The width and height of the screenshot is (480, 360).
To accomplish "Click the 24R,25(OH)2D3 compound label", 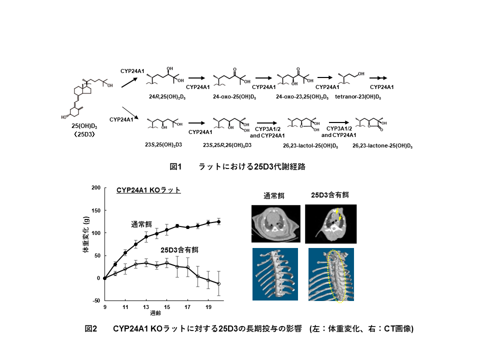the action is coord(167,96).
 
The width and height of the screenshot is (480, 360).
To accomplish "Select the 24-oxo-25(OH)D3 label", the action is coord(234,96).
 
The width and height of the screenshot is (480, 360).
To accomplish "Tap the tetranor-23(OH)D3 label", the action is coord(358,96).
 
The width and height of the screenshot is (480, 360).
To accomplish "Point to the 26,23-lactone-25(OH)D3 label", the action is coord(382,145).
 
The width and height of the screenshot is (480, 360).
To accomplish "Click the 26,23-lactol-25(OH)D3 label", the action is coord(310,145).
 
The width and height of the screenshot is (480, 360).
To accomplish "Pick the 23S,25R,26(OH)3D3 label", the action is coord(227,145).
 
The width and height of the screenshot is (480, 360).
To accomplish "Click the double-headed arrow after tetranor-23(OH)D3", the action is coord(378,78).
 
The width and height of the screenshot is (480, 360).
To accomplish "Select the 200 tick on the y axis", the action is coord(96,187).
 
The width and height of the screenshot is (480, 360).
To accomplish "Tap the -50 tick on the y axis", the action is coord(96,300).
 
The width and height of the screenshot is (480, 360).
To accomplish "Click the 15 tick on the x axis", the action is coord(167,307).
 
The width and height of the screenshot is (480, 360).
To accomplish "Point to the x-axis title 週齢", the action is coord(155,313).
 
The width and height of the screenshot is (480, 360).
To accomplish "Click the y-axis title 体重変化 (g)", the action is coord(86,234).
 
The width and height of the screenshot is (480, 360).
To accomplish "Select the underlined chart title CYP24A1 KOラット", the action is coord(148,190).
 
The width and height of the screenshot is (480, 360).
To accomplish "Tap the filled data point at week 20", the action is coord(218,221).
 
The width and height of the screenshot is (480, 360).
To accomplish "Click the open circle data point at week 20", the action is coord(218,284).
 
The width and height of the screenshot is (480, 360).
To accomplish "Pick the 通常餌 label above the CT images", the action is coord(274,196).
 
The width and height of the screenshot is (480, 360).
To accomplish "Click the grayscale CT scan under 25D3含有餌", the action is coord(331,224).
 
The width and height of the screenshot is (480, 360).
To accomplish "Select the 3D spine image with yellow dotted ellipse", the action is coord(331,274).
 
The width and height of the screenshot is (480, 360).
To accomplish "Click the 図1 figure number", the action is coord(175,167).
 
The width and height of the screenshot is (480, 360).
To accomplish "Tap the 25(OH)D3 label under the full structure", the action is coord(84,126).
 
